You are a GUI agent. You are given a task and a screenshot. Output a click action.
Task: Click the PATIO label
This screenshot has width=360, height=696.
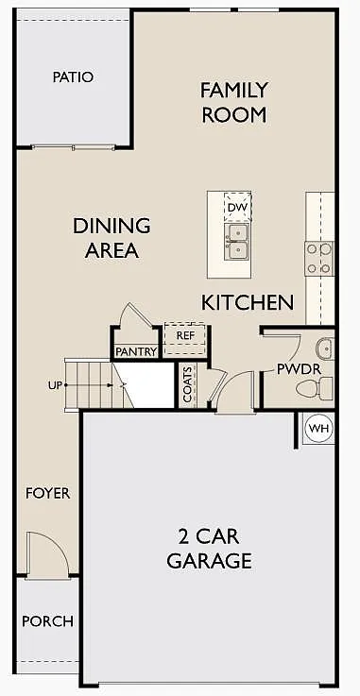point(73,76)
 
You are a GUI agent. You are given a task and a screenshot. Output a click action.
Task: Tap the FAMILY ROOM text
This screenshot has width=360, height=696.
point(233,102)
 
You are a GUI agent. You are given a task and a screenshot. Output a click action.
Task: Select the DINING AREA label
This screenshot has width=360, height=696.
point(111,238)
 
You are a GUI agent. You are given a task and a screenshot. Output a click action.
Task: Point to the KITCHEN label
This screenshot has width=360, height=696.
point(248,303)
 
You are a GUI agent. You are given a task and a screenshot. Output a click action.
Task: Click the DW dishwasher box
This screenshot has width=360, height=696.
point(236,207)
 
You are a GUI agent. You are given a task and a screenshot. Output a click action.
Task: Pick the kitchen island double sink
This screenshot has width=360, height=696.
point(236,241)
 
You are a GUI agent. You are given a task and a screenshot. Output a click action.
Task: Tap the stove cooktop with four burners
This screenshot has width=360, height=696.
point(319,258)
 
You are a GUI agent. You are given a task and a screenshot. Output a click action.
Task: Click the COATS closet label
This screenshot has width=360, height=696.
point(188,385)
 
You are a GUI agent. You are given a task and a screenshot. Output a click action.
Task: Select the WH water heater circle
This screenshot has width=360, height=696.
point(319,429)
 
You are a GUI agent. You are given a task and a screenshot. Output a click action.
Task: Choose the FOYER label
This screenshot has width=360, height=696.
point(47,494)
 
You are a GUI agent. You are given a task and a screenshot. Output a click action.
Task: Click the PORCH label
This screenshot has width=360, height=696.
point(47,621)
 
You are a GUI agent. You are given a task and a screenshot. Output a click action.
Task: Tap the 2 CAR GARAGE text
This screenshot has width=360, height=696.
point(209,548)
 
